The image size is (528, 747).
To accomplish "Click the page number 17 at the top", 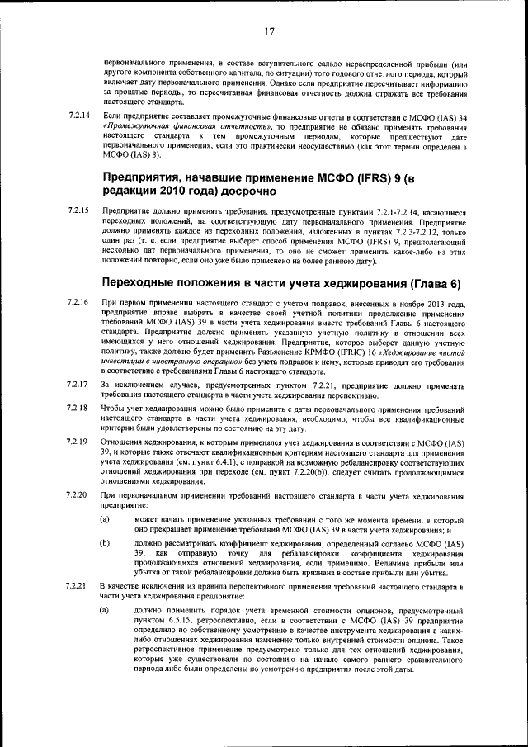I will coord(269,32).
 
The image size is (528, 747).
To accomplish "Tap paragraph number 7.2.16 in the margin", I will coord(79,305).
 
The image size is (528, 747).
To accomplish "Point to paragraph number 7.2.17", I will coord(79,385).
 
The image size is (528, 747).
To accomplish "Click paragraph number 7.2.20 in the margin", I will coord(79,494).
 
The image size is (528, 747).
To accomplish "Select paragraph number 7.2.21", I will coord(79,585).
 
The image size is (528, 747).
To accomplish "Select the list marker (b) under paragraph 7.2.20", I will coord(105,544).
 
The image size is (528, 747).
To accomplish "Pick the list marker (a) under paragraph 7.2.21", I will coord(105,609).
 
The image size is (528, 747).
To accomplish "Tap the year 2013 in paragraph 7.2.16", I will coord(435,305).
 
